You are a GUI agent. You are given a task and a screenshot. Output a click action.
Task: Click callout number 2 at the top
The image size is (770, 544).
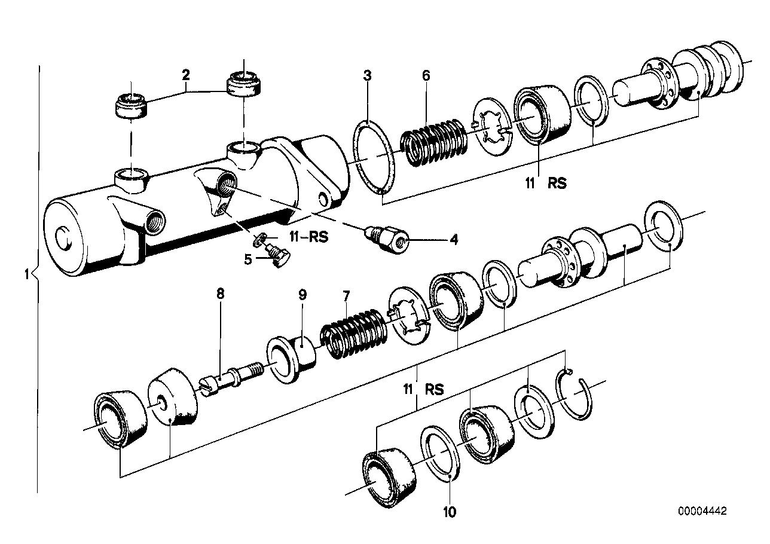[186, 75]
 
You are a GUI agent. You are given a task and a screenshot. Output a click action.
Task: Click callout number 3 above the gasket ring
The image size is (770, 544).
[367, 75]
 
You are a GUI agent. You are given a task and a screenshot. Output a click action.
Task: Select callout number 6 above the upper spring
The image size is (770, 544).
[426, 75]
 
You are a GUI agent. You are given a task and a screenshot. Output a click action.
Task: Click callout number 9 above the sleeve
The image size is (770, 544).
[302, 294]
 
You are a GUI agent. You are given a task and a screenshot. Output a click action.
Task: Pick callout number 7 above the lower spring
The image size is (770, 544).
[346, 294]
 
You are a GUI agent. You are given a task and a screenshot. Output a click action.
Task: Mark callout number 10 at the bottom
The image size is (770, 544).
[450, 512]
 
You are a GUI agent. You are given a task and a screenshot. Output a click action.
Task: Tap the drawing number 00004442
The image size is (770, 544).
[702, 511]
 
